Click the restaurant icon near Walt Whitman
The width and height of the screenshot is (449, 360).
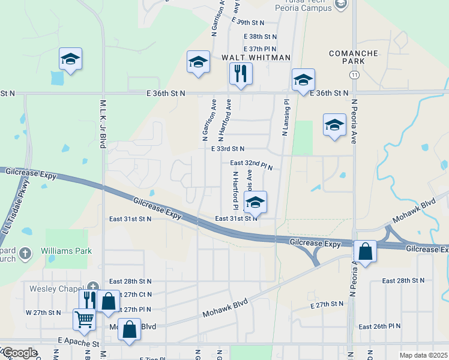point(241,74)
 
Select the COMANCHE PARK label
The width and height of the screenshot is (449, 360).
point(354,58)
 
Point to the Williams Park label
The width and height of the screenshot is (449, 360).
point(67,251)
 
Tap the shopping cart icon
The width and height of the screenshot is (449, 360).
point(84,320)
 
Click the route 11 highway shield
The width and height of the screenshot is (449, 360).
point(355,74)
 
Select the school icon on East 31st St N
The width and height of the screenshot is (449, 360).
point(255,202)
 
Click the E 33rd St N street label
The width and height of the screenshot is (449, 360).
point(228,149)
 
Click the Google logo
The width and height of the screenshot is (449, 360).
point(19,353)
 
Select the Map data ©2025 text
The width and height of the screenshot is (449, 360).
point(423,355)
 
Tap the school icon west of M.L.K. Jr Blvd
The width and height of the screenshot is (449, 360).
point(70,59)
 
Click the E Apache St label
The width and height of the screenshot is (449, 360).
point(79,341)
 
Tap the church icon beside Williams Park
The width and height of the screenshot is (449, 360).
point(25,253)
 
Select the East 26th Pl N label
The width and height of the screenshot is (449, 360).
point(379,327)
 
